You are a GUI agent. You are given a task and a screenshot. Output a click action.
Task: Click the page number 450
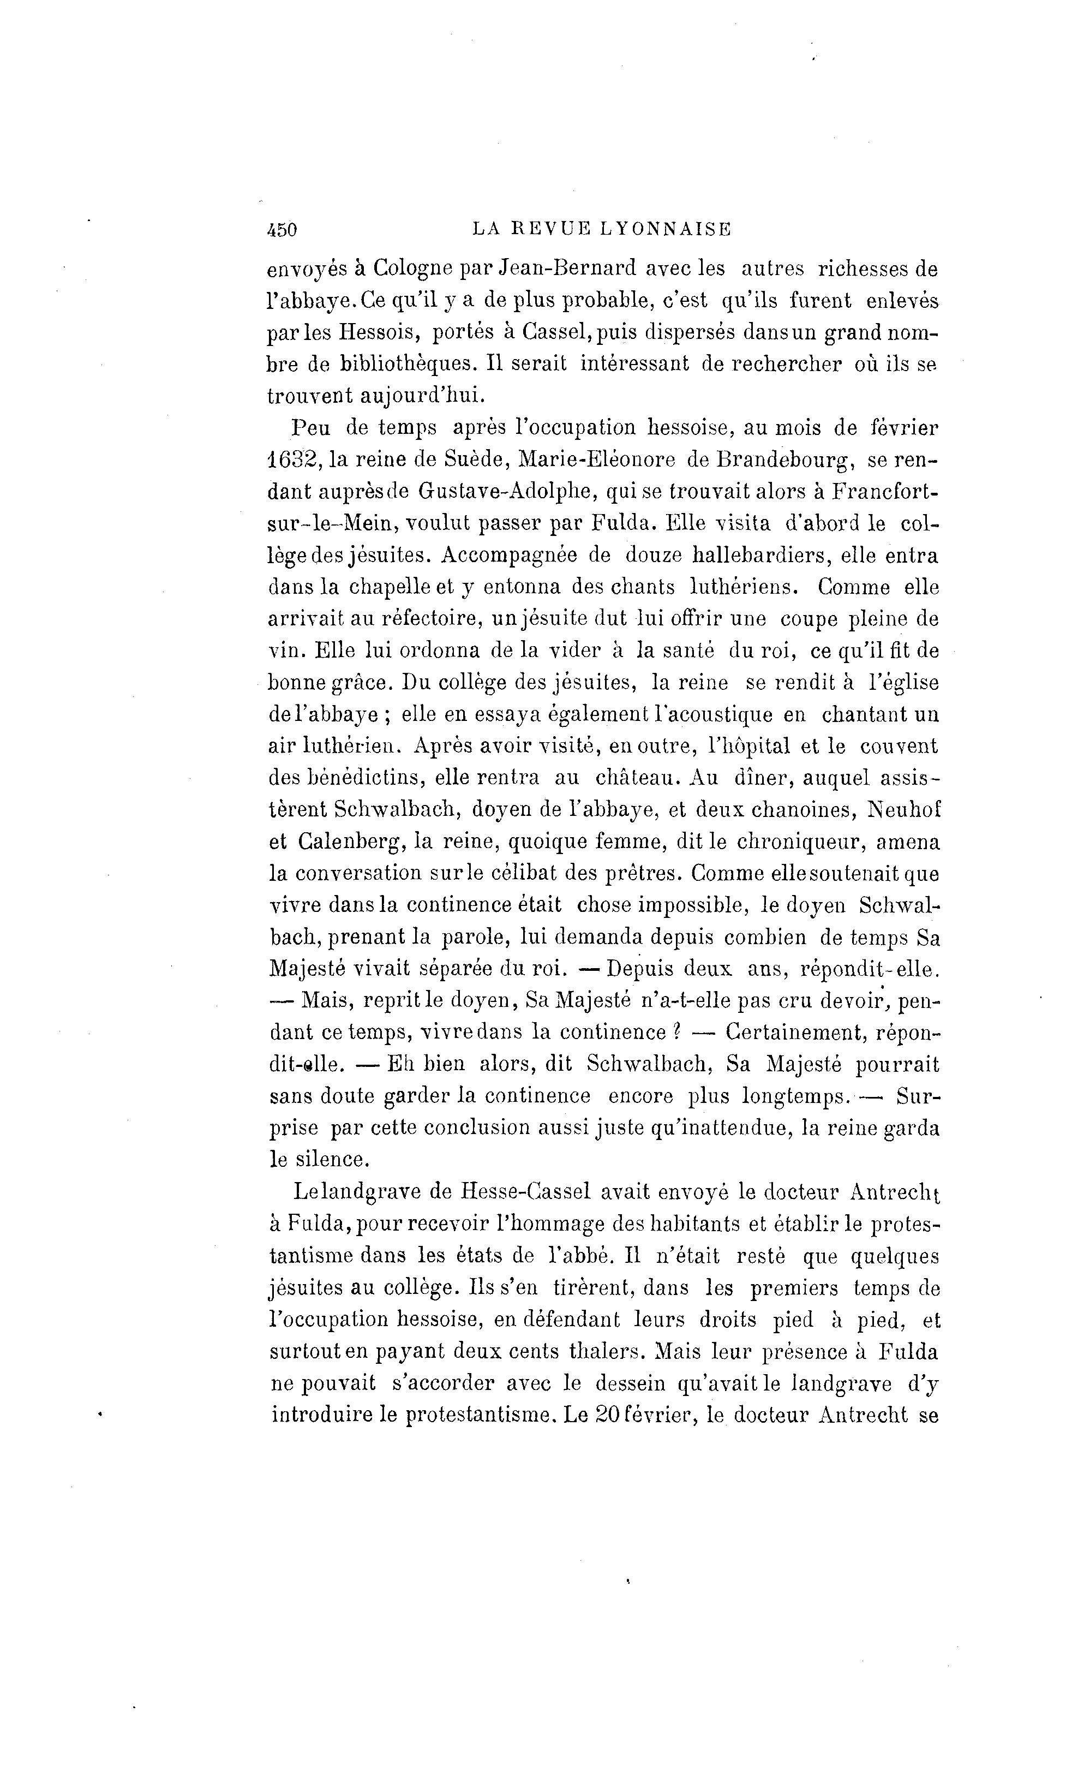click(x=282, y=230)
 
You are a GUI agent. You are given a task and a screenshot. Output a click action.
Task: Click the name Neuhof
click(x=903, y=810)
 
